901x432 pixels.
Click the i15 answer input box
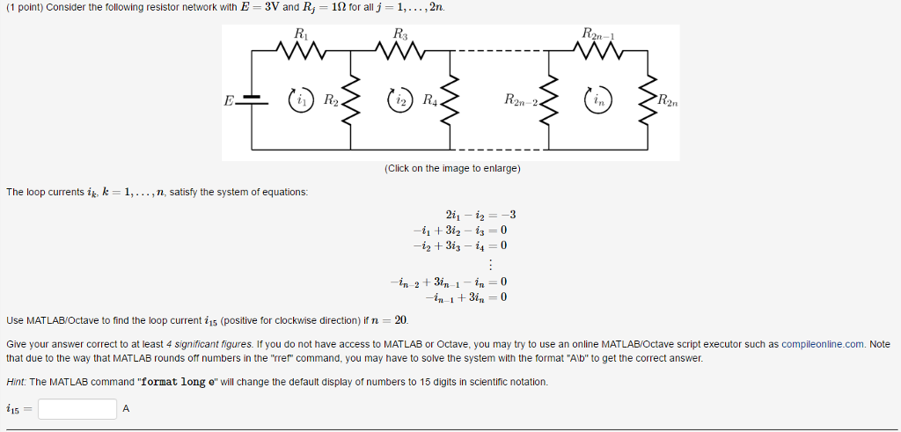[x=77, y=409]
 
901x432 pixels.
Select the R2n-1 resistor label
[x=599, y=35]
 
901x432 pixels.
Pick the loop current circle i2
[x=399, y=99]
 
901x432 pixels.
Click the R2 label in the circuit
[x=330, y=99]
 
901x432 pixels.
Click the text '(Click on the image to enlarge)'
[x=452, y=168]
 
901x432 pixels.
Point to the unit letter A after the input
[x=126, y=409]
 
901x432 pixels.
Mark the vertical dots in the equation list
[x=489, y=265]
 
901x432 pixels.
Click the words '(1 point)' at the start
[x=24, y=7]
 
